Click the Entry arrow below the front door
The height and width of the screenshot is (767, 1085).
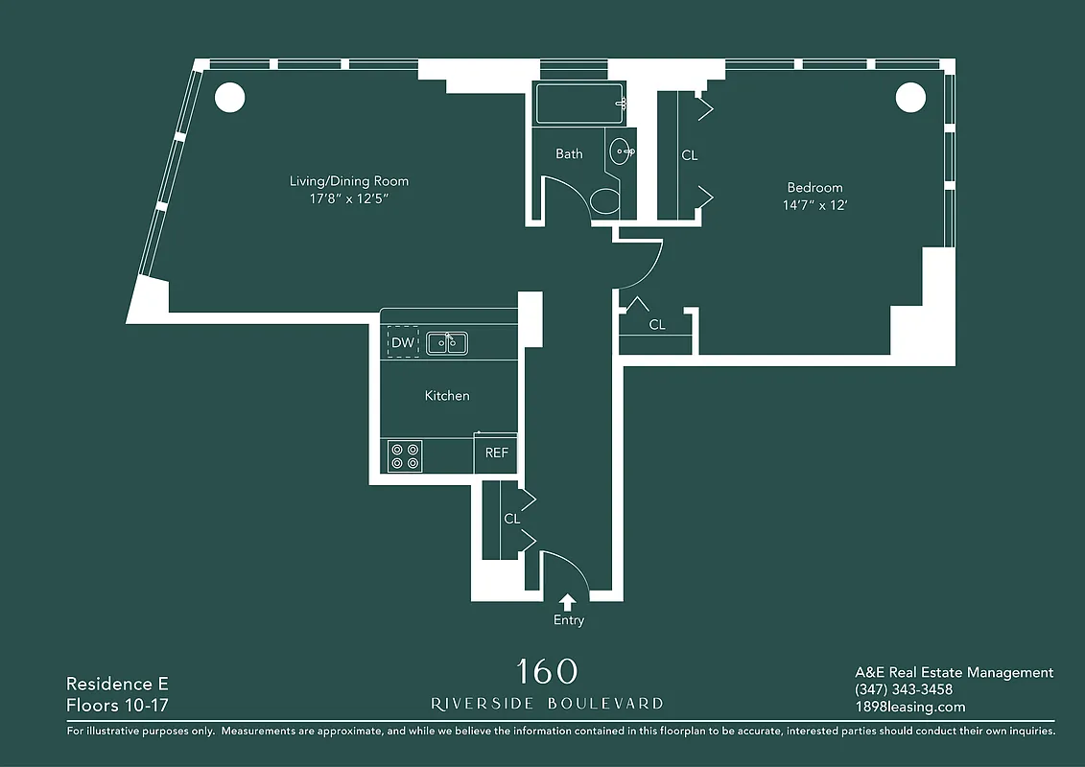click(x=568, y=602)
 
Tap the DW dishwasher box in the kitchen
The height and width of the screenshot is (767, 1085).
click(x=403, y=342)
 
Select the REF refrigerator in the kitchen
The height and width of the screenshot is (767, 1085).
click(x=496, y=453)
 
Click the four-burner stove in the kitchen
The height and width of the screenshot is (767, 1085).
click(x=405, y=455)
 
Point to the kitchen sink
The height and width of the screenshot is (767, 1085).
click(x=446, y=342)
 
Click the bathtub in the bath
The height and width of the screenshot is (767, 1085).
click(x=579, y=104)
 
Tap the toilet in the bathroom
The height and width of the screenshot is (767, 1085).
click(x=604, y=201)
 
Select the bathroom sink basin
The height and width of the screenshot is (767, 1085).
click(x=621, y=151)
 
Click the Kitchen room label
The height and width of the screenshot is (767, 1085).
click(x=447, y=395)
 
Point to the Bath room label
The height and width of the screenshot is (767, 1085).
click(x=569, y=153)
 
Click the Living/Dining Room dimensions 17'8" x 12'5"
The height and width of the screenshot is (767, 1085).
click(x=349, y=198)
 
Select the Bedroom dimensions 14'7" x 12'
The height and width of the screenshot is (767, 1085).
click(x=814, y=205)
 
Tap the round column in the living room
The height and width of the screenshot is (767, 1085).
click(x=228, y=97)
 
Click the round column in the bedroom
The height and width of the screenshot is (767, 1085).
click(x=909, y=97)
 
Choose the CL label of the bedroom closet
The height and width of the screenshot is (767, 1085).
click(x=689, y=155)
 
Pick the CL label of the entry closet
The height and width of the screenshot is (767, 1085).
click(x=512, y=519)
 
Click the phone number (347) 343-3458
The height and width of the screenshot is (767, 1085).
click(x=903, y=689)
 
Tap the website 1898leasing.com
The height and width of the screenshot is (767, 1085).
click(x=909, y=707)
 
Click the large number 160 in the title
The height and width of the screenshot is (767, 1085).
click(x=547, y=671)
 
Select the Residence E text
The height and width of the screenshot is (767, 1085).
click(x=117, y=684)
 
